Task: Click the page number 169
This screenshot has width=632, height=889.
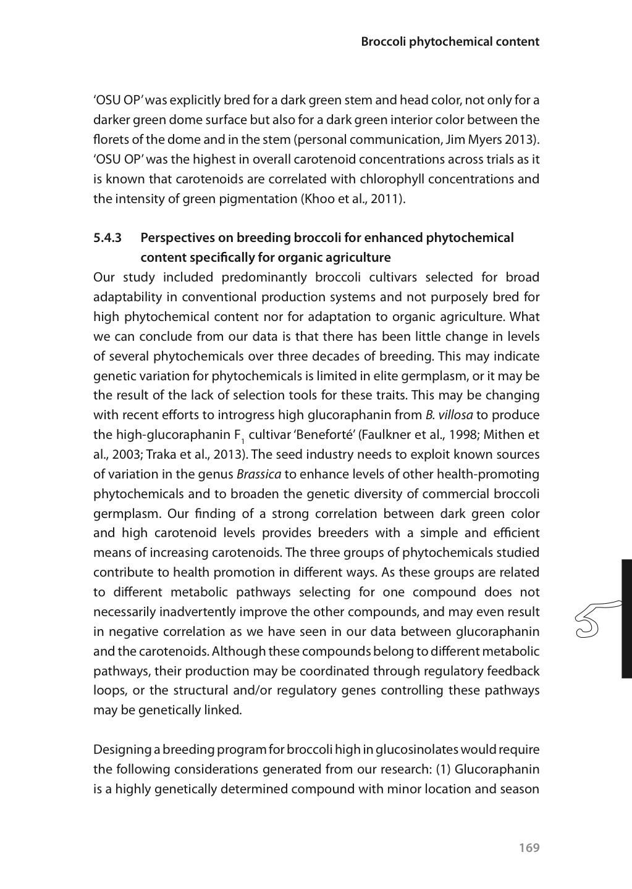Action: click(529, 848)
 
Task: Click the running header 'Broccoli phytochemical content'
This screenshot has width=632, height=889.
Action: click(450, 42)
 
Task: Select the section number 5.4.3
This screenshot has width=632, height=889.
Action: click(107, 238)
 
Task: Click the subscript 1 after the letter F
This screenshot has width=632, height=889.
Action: click(243, 440)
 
